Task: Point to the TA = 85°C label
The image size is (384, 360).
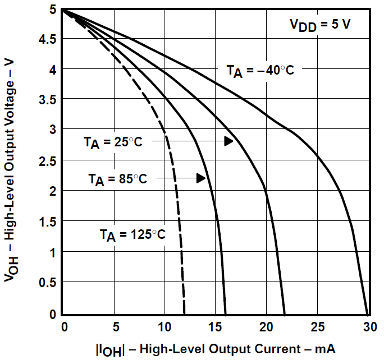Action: (117, 179)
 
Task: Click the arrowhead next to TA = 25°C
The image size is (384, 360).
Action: (228, 141)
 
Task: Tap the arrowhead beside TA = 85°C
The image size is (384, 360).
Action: (200, 178)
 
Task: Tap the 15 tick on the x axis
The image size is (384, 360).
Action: (214, 327)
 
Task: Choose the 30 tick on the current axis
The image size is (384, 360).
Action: (367, 327)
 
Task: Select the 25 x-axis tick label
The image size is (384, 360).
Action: (317, 327)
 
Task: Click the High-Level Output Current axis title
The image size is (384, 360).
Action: (216, 349)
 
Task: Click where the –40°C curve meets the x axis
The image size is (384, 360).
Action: (367, 314)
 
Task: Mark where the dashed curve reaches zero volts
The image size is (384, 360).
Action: (185, 314)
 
